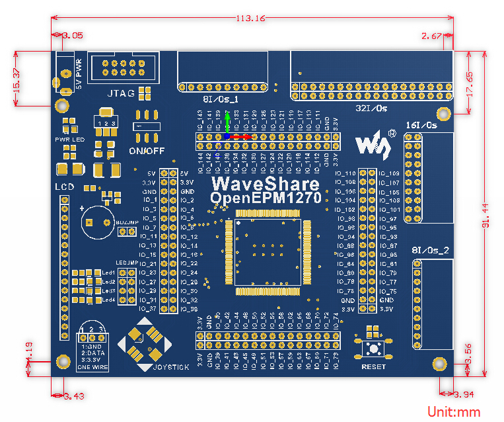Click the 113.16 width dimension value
(250, 18)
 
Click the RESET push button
(373, 349)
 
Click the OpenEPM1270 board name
(266, 198)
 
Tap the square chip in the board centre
(268, 252)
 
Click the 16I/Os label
(421, 124)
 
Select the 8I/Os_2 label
(430, 250)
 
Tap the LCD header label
(64, 188)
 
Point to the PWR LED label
(69, 140)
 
